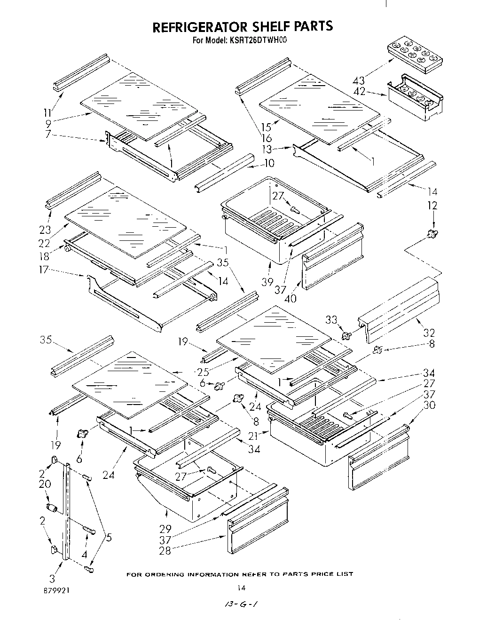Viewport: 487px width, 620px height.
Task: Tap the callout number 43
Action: pos(358,81)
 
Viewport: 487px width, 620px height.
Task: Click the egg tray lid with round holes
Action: pos(415,56)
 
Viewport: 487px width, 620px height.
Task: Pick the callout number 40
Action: pos(291,298)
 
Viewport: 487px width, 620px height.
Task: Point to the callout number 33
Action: pos(331,320)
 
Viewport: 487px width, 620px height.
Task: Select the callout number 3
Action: pos(52,578)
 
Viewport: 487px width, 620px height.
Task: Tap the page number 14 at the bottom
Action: pos(242,587)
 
